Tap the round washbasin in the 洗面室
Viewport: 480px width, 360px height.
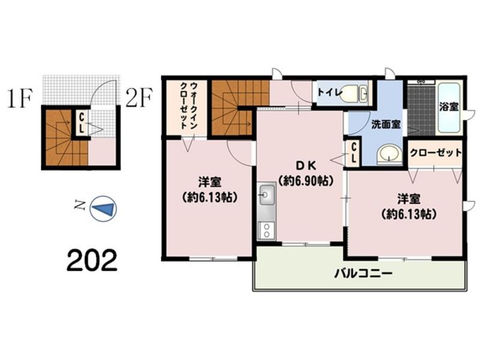click(389, 153)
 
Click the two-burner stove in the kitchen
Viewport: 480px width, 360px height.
click(266, 230)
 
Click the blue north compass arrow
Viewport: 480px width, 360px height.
click(105, 209)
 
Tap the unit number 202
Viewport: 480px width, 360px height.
click(92, 260)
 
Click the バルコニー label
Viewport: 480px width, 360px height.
click(364, 273)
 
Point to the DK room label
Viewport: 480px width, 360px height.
click(306, 166)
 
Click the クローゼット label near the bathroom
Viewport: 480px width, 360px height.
click(436, 152)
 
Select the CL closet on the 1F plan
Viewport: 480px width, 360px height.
click(82, 122)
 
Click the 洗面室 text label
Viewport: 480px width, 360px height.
click(386, 124)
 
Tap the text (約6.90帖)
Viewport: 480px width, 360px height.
click(306, 182)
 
